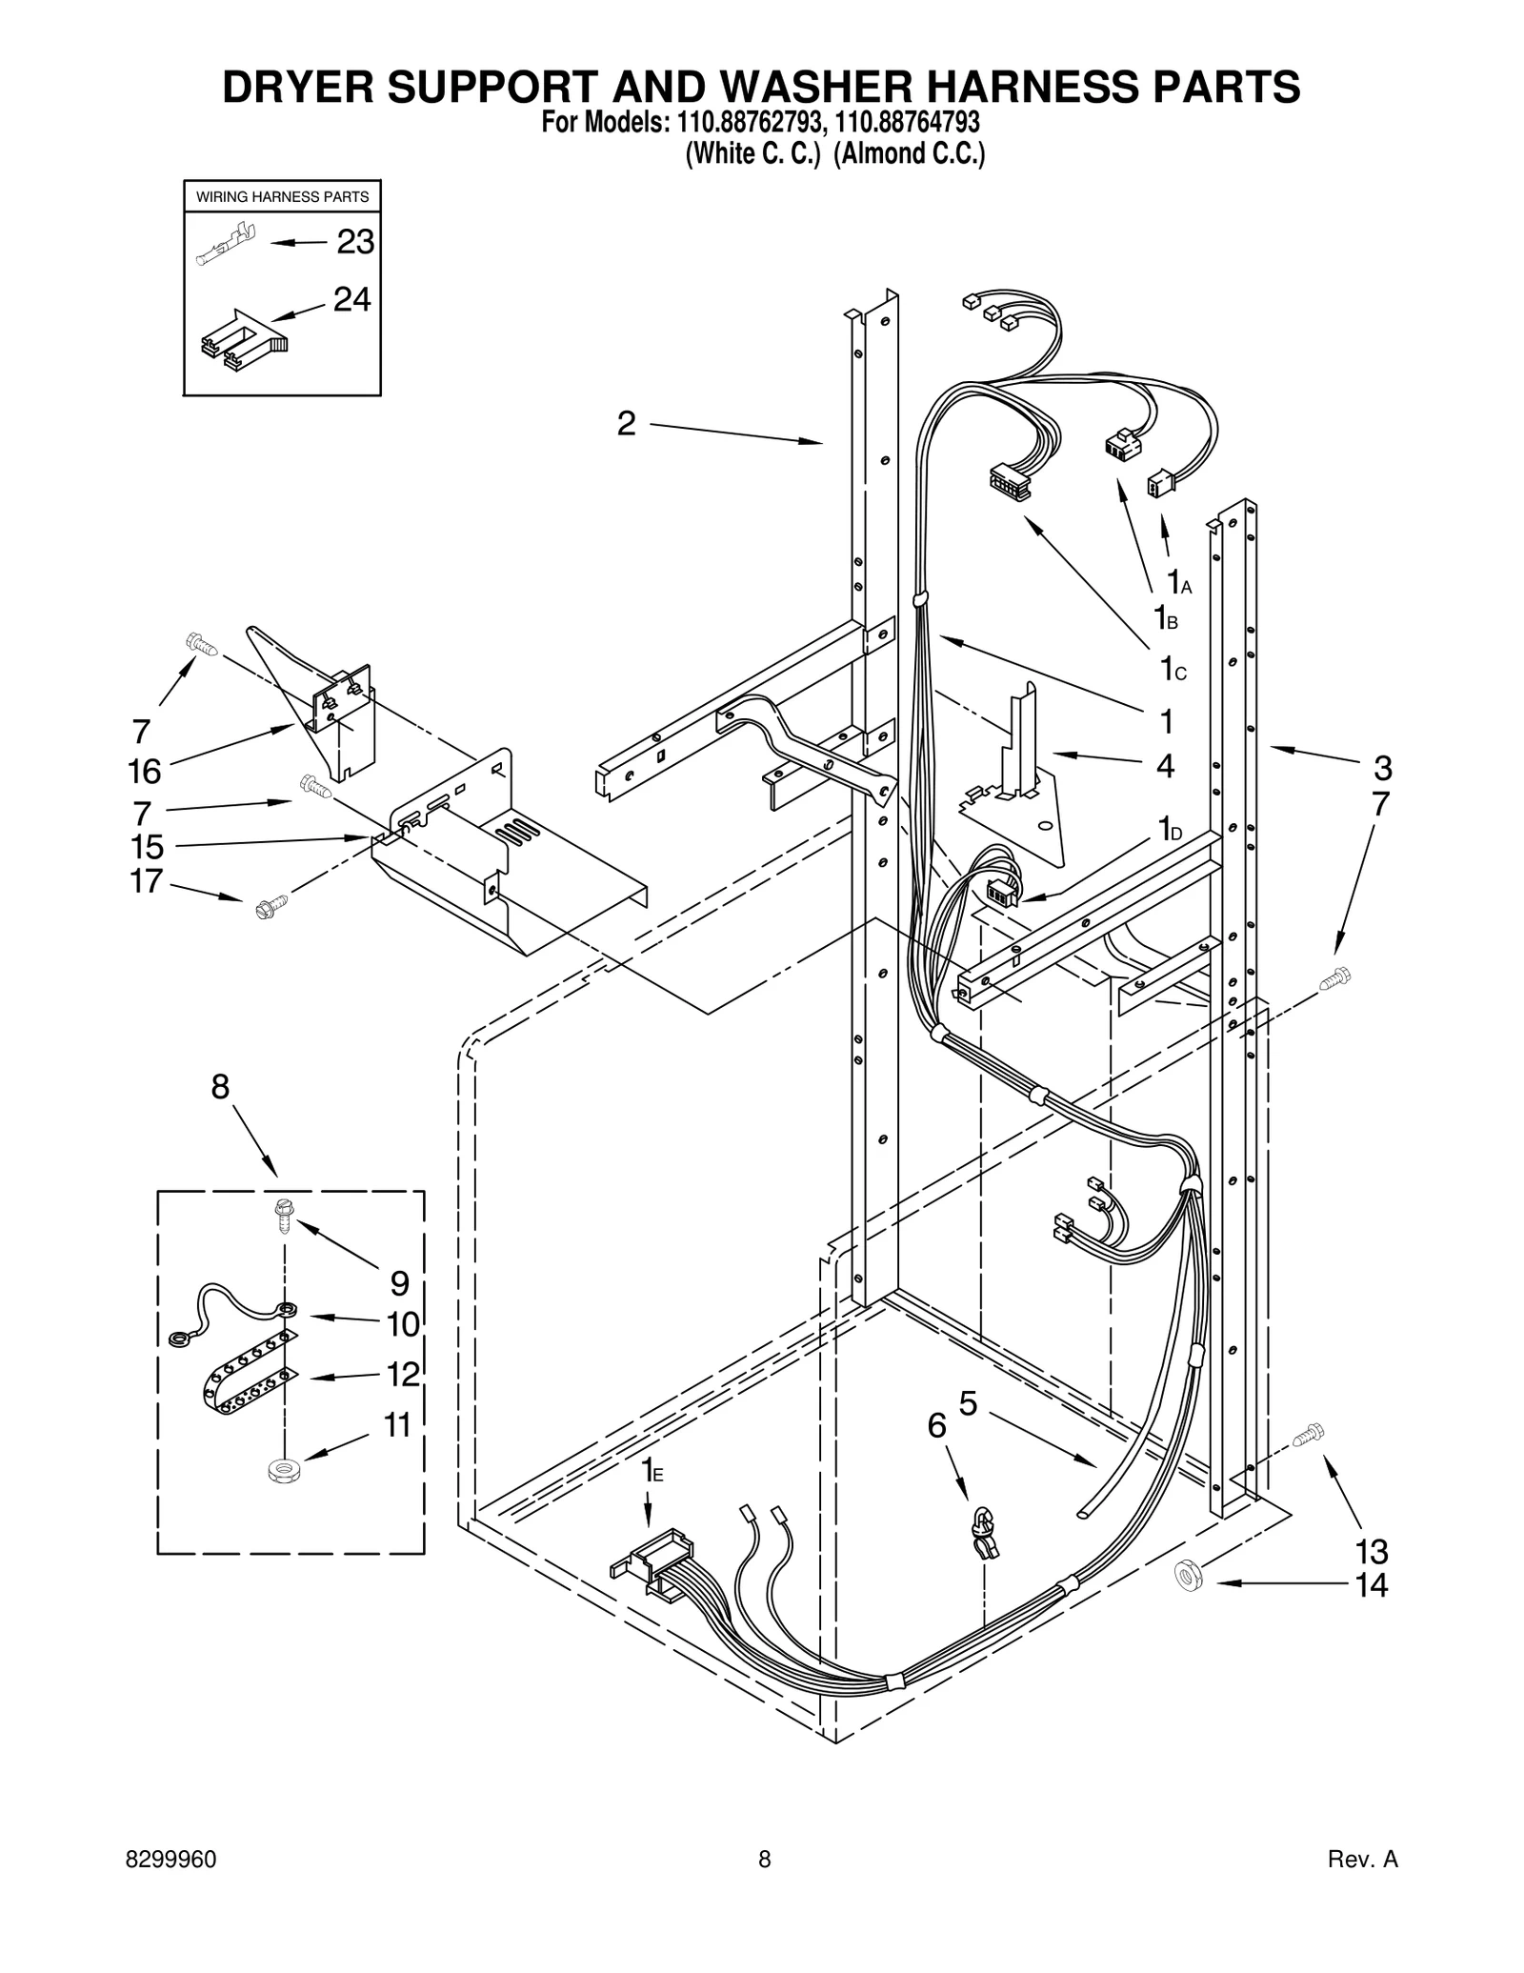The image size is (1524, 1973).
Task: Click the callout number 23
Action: [355, 243]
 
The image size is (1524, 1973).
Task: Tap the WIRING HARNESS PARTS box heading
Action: [282, 197]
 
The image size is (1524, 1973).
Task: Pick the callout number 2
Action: [625, 423]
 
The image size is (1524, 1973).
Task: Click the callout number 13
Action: [1371, 1552]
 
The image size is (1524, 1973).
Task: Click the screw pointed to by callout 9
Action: [283, 1212]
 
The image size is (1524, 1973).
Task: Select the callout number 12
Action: [403, 1374]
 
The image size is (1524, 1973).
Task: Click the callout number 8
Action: [220, 1086]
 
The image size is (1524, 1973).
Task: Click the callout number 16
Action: [145, 771]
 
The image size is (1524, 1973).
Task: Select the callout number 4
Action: [1164, 765]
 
